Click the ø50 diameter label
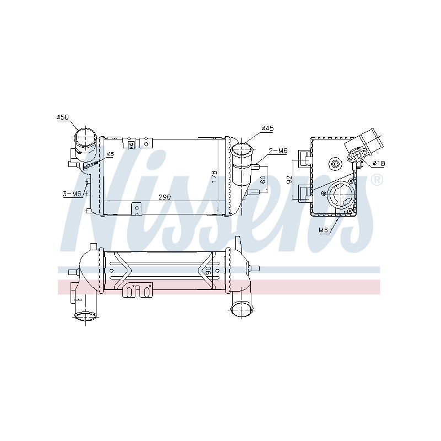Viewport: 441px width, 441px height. (x=62, y=117)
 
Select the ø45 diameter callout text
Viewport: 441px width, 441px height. (x=267, y=128)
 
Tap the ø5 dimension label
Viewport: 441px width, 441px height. (x=111, y=154)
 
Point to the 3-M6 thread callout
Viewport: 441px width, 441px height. (x=72, y=193)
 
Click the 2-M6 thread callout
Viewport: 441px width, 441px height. (x=278, y=150)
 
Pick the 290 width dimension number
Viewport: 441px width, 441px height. (x=164, y=197)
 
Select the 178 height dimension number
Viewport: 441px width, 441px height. (x=214, y=176)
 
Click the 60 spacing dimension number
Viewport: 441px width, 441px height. (x=263, y=180)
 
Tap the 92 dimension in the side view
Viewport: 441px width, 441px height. (x=289, y=179)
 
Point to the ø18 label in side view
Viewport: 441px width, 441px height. (x=379, y=163)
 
